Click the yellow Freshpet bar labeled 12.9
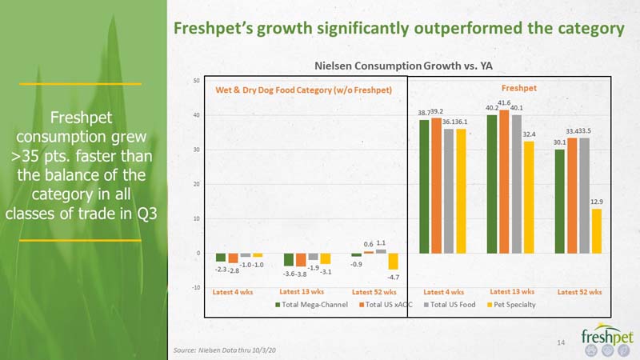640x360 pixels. point(596,231)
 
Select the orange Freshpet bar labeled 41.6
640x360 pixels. point(504,182)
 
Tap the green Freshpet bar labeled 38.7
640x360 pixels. point(424,186)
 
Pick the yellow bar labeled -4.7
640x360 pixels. point(393,262)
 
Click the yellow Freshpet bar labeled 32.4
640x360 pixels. point(529,198)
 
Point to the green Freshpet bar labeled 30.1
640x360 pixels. point(559,202)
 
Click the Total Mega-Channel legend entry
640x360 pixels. point(311,305)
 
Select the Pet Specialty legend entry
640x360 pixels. point(511,305)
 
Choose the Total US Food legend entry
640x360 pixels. point(450,305)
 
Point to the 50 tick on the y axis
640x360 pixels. point(196,81)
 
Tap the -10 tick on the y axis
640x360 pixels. point(196,288)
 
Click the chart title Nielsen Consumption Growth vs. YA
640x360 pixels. point(403,66)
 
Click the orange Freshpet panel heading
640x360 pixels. point(518,88)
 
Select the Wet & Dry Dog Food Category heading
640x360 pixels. point(304,90)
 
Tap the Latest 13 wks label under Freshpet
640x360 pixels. point(512,292)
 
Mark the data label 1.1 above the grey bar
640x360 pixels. point(381,243)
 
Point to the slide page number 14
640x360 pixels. point(561,342)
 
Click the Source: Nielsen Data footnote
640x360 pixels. point(225,350)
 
